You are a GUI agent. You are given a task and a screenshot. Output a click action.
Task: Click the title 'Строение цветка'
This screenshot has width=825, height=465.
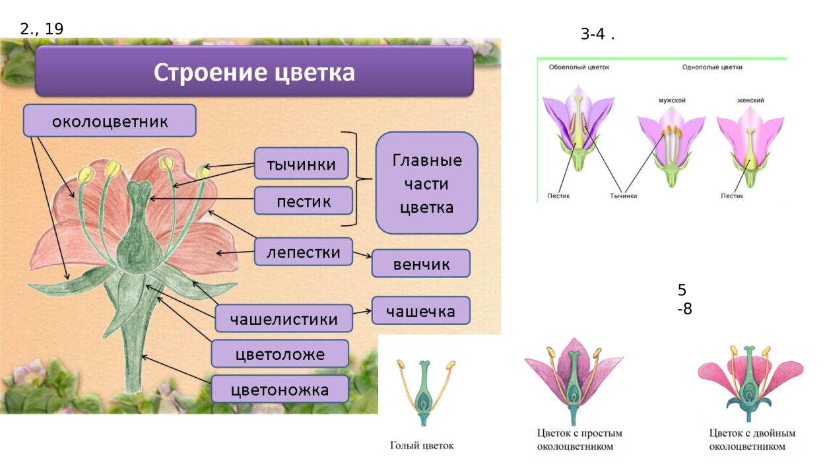pyautogui.click(x=254, y=72)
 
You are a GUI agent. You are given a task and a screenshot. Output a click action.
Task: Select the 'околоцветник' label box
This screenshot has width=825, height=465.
pyautogui.click(x=110, y=121)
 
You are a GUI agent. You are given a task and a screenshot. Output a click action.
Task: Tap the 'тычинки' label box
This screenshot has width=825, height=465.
pyautogui.click(x=301, y=164)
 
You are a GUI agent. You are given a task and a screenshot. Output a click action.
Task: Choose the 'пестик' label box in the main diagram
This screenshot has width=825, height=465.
pyautogui.click(x=303, y=200)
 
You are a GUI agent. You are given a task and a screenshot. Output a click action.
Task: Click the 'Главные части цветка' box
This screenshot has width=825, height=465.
pyautogui.click(x=426, y=184)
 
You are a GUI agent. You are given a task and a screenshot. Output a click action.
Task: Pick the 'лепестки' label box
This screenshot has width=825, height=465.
pyautogui.click(x=303, y=252)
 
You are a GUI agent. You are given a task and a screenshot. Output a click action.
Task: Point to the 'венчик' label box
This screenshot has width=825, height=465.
pyautogui.click(x=421, y=264)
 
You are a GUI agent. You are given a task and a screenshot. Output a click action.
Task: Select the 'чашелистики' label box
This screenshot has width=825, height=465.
pyautogui.click(x=284, y=319)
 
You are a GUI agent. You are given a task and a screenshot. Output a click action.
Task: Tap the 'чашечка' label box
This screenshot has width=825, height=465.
pyautogui.click(x=421, y=310)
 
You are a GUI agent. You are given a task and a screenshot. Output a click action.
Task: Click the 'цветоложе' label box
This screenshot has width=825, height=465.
pyautogui.click(x=280, y=354)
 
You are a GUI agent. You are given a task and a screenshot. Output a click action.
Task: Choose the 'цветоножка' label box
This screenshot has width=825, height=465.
pyautogui.click(x=280, y=390)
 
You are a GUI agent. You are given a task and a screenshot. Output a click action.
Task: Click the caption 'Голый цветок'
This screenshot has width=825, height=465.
pyautogui.click(x=422, y=446)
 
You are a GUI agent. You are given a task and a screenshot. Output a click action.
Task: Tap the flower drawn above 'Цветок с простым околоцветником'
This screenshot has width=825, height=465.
pyautogui.click(x=573, y=380)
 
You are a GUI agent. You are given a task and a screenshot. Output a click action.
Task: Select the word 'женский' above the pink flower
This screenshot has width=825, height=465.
pyautogui.click(x=750, y=100)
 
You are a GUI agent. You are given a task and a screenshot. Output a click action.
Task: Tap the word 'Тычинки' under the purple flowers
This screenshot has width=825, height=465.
pyautogui.click(x=623, y=196)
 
